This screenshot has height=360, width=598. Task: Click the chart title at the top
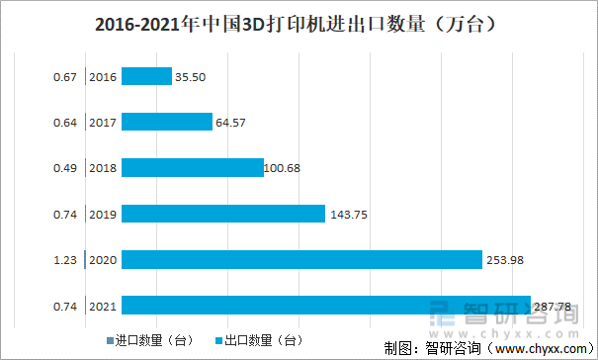(299, 22)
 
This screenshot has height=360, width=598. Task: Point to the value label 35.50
(191, 76)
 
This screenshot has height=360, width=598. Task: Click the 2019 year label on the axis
(103, 215)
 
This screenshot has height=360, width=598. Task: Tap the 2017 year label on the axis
(103, 123)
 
